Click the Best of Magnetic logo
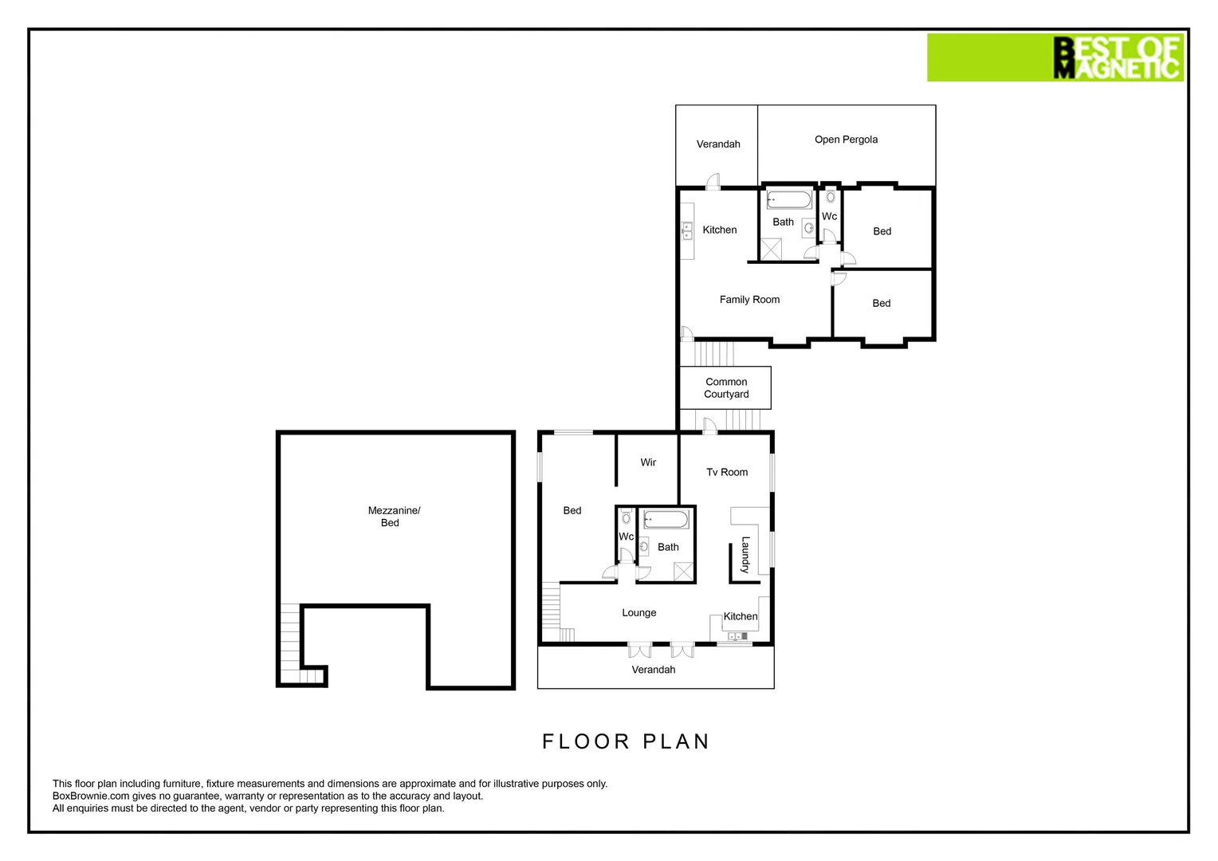(1054, 57)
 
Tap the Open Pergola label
(846, 140)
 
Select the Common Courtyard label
(726, 388)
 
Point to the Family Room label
(749, 300)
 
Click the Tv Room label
(727, 472)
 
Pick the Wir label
(648, 462)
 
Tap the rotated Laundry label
(745, 555)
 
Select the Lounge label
(638, 613)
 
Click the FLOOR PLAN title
(626, 741)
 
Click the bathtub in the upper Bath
(788, 199)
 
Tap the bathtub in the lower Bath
(666, 521)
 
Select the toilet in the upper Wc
(830, 197)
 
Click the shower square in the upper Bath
(771, 250)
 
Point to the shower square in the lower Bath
(683, 572)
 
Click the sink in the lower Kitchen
(737, 636)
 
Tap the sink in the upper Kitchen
(687, 230)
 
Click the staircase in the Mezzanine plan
(291, 642)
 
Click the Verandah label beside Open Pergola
(718, 144)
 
